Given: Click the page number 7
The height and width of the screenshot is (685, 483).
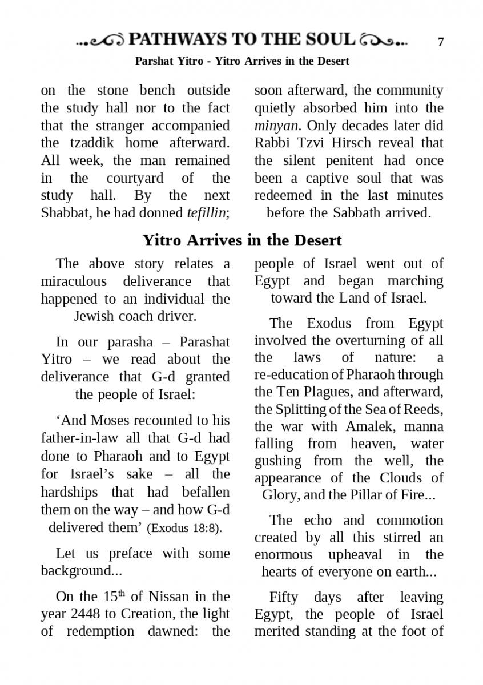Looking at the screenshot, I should click(440, 42).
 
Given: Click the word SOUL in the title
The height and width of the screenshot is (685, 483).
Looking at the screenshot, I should click(329, 39).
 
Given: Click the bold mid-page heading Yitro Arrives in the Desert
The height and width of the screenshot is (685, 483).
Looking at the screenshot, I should click(241, 240).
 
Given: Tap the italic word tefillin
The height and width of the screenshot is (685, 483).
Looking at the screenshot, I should click(208, 213).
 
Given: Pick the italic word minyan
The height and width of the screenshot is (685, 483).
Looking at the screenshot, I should click(272, 126).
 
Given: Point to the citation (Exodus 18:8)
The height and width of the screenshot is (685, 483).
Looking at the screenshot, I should click(184, 528).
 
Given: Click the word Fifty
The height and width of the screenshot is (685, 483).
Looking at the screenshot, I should click(284, 597).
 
